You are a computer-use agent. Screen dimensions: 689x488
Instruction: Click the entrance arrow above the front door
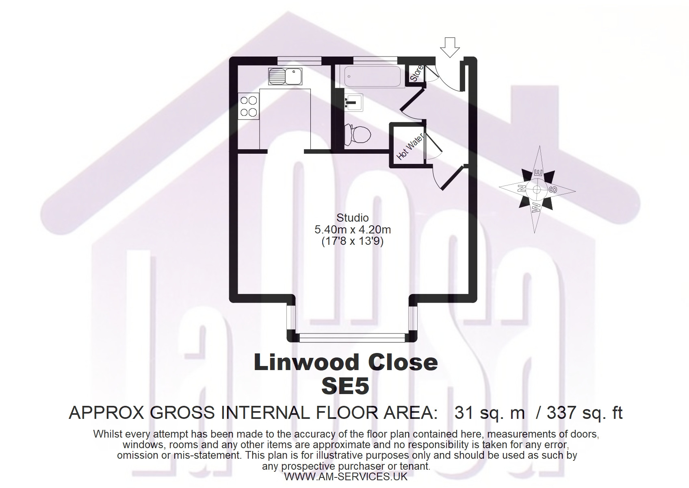point(450,48)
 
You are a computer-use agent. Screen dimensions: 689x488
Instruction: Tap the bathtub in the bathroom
point(373,76)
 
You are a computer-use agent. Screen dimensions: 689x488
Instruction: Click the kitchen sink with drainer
point(285,76)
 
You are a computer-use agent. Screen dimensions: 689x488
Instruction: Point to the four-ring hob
point(249,106)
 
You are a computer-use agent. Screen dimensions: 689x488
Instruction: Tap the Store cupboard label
point(417,74)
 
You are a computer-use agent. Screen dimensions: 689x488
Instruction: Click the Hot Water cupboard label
point(410,146)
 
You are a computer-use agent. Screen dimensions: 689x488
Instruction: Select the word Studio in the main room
point(353,218)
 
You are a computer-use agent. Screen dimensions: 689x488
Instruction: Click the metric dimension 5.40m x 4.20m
point(353,229)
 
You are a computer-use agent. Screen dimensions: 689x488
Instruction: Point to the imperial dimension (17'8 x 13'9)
point(353,242)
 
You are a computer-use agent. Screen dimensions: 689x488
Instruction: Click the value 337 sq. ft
point(585,413)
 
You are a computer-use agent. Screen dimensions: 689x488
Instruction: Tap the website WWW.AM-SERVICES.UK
point(346,477)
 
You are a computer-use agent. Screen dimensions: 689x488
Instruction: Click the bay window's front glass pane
point(352,338)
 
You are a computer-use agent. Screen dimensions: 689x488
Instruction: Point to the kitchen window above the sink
point(299,61)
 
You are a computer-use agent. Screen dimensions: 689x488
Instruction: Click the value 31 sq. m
point(490,413)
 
